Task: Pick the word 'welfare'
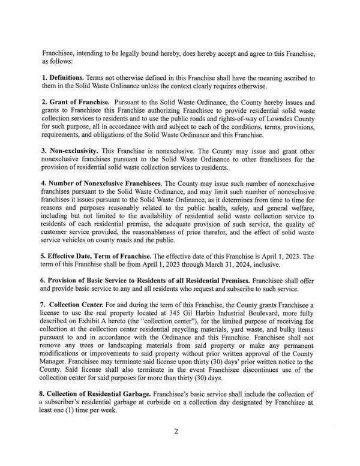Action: [298, 215]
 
